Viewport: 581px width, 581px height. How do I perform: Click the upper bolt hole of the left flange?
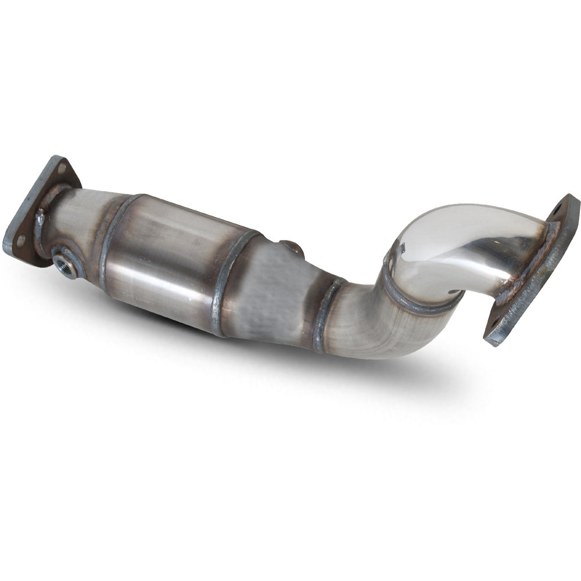[62, 169]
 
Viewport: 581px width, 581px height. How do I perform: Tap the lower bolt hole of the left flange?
[21, 238]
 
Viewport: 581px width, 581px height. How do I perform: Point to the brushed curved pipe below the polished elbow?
[372, 325]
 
